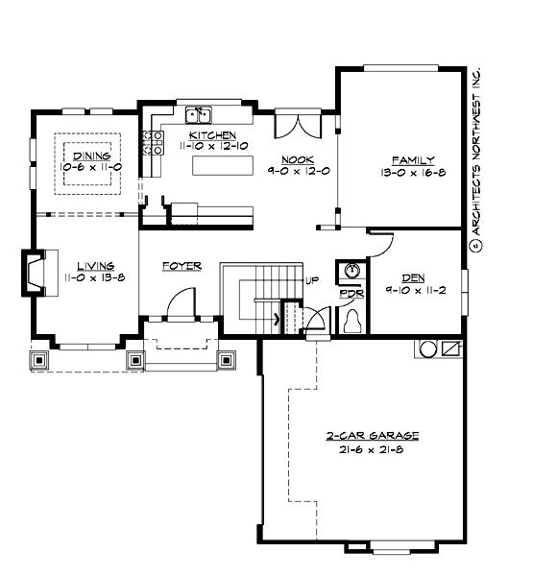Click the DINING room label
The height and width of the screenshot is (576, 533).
85,155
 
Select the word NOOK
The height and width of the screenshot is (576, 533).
293,159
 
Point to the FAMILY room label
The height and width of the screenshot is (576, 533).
413,159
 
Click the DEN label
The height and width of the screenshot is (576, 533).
413,276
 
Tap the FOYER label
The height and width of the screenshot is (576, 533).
181,265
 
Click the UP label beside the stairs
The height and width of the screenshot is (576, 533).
311,280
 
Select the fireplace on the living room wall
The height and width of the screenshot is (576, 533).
36,272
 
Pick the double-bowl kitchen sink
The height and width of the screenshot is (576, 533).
199,114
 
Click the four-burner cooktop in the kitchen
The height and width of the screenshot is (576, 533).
152,142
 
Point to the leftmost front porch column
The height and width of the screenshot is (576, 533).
42,361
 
